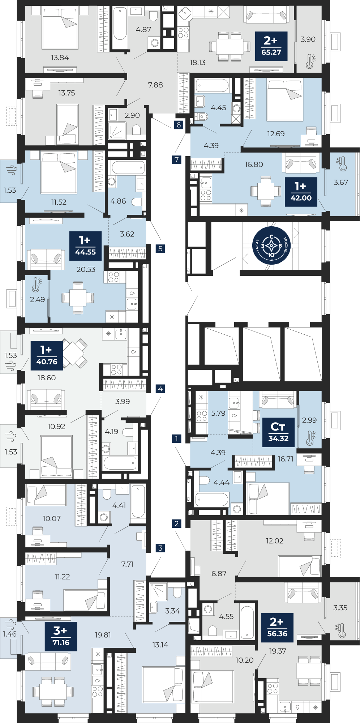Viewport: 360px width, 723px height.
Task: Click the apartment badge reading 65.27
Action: tap(271, 46)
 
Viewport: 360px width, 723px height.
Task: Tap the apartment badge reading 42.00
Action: tap(301, 192)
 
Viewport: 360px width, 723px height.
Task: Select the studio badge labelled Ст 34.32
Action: tap(278, 433)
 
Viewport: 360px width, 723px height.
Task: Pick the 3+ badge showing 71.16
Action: tap(61, 637)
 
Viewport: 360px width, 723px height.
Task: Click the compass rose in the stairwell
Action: tap(271, 246)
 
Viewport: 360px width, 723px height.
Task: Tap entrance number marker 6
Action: tap(179, 125)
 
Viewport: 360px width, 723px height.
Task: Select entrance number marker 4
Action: tap(160, 389)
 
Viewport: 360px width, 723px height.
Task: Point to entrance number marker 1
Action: tap(176, 438)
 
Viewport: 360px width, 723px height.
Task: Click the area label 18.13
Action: tap(197, 63)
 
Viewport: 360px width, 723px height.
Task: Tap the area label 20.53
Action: tap(86, 269)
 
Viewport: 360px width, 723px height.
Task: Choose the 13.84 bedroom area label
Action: tap(60, 57)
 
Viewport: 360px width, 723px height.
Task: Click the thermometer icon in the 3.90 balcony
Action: tap(310, 61)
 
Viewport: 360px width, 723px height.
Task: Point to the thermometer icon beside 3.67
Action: tap(342, 164)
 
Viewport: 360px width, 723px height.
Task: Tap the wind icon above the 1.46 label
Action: tap(11, 624)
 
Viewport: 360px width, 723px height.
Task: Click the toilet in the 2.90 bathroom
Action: tap(136, 130)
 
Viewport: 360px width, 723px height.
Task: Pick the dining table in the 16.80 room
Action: tap(266, 191)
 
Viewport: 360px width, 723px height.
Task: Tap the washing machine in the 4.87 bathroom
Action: tap(155, 43)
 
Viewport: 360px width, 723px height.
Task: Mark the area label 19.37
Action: tap(278, 651)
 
